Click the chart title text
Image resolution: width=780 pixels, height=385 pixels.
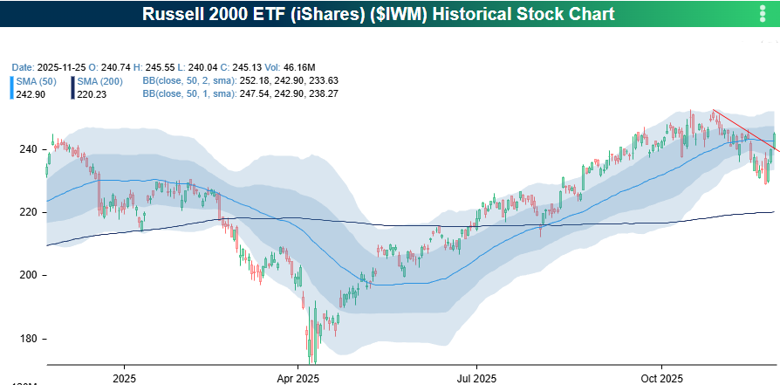point(389,14)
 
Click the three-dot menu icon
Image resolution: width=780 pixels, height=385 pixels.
point(763,14)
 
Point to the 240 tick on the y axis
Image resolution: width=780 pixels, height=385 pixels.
point(28,149)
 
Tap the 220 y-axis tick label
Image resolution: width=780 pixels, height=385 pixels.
point(28,212)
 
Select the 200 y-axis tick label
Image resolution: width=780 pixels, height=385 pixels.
point(28,276)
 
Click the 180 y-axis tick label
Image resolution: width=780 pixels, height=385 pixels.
point(28,339)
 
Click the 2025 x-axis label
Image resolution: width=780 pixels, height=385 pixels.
point(124,378)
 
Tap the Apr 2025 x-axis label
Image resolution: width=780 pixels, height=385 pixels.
point(297,378)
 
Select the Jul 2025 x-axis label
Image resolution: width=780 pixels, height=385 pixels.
point(476,378)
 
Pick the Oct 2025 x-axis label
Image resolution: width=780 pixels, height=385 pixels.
point(660,378)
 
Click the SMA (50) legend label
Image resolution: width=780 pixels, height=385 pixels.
point(36,81)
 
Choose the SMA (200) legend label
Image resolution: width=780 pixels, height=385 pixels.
point(99,81)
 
